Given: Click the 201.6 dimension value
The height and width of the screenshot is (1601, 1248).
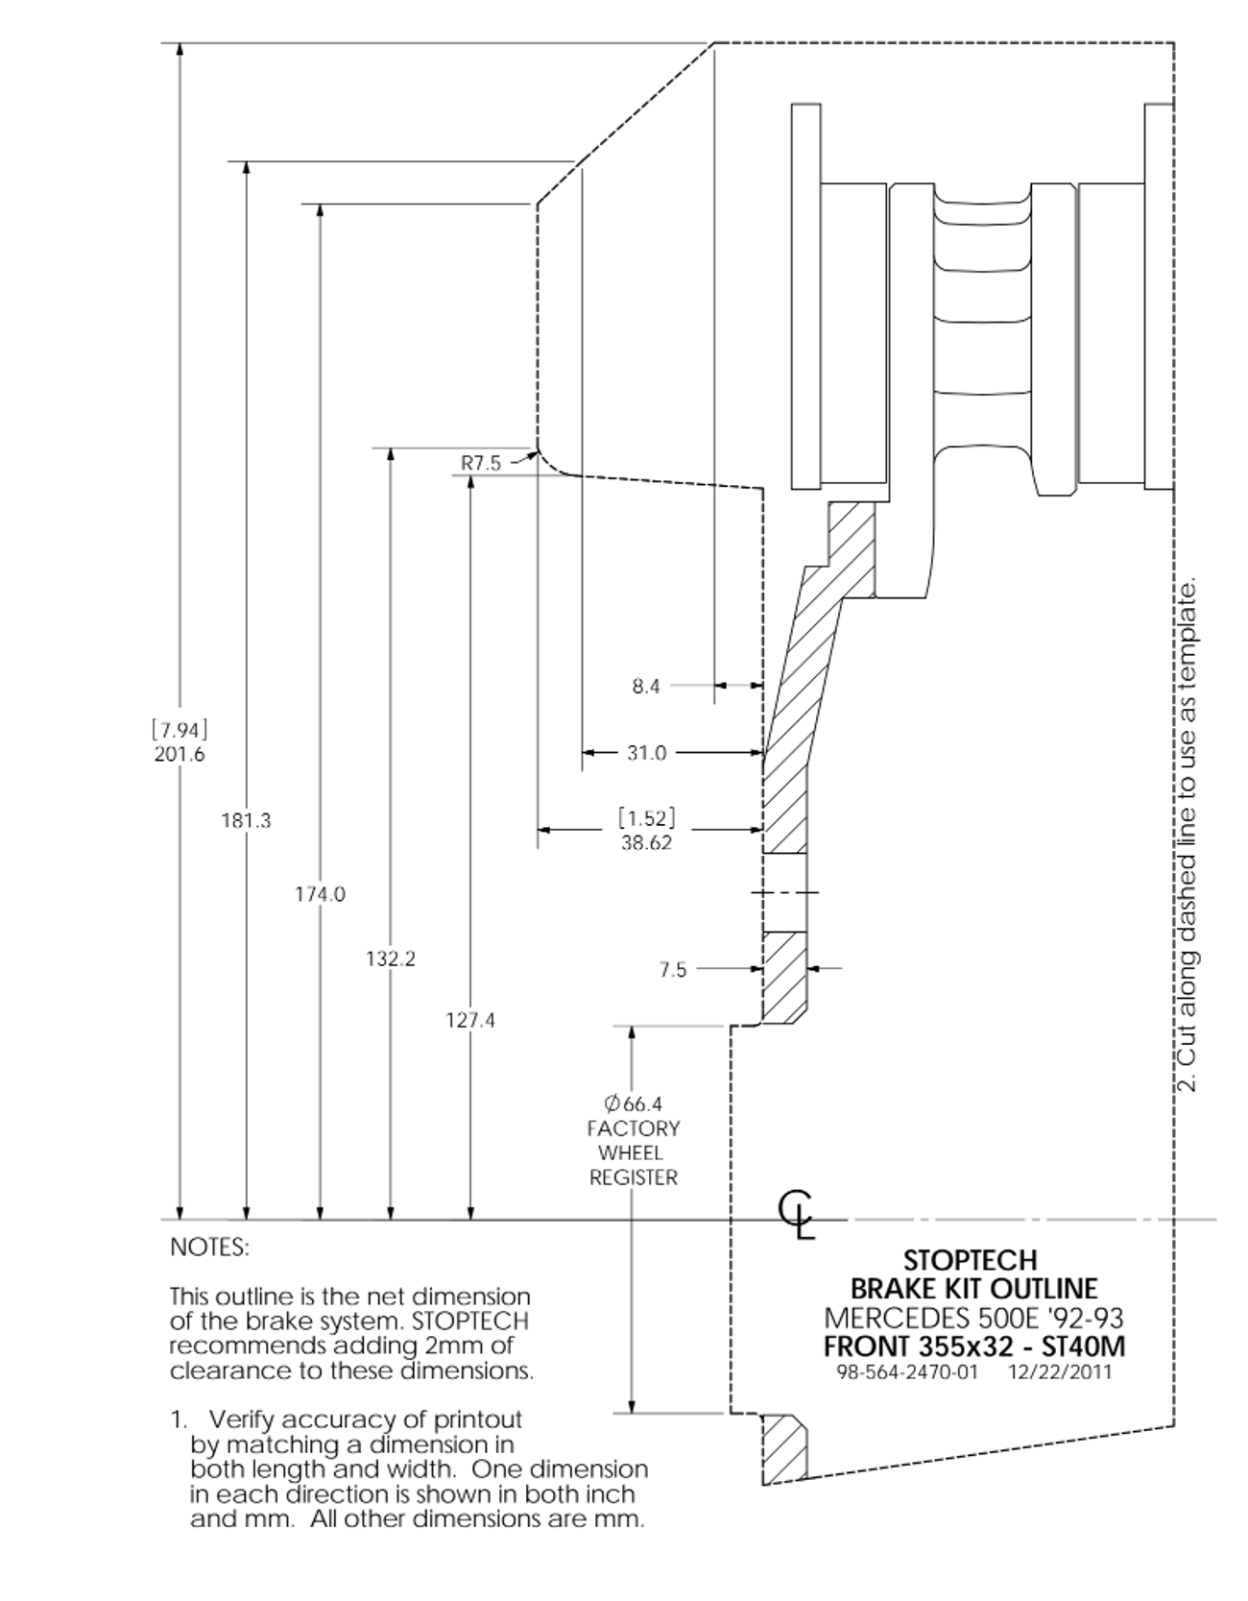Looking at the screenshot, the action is (180, 755).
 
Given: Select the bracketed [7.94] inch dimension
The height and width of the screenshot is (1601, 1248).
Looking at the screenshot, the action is (180, 729).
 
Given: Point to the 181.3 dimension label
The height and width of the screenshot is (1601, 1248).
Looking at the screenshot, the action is (247, 821).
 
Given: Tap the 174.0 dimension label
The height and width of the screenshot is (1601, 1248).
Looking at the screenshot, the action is (320, 895).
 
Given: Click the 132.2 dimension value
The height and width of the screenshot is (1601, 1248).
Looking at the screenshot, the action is (391, 959).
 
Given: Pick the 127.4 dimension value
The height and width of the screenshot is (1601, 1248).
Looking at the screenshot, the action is (470, 1021).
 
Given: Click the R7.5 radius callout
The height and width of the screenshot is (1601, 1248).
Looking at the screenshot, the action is (481, 463).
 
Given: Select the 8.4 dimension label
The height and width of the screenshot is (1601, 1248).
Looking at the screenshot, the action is (646, 687).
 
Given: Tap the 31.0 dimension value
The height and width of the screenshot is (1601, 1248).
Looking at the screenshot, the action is (646, 754).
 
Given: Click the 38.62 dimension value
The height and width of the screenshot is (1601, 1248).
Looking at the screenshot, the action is (646, 843).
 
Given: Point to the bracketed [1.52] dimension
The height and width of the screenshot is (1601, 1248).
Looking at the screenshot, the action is (646, 818).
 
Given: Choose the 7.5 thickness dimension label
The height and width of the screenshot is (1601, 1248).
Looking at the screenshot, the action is (673, 970).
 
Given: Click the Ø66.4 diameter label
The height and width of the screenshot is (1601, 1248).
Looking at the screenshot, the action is (634, 1104).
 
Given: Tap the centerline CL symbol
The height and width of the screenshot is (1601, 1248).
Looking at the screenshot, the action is (797, 1217).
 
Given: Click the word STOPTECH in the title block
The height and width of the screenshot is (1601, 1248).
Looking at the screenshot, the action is (971, 1260).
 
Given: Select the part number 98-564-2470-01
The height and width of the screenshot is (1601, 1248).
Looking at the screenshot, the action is (907, 1372).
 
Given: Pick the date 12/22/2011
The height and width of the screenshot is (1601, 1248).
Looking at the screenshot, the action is (1060, 1372).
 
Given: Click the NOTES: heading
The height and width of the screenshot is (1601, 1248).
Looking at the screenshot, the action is (209, 1248).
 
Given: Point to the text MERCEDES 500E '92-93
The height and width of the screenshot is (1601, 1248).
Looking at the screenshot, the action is (973, 1317).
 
